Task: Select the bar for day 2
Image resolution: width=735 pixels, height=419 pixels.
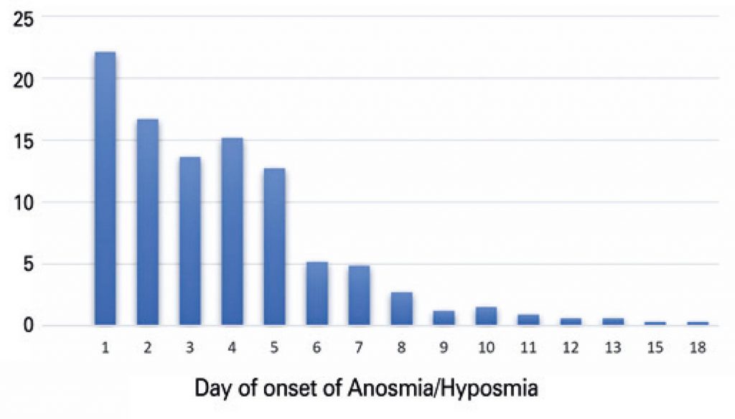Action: [147, 222]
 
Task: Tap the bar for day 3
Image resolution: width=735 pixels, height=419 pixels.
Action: [189, 240]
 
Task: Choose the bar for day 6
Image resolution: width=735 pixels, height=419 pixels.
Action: [317, 293]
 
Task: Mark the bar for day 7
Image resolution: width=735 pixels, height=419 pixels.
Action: [359, 296]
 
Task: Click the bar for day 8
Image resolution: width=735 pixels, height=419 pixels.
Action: [401, 309]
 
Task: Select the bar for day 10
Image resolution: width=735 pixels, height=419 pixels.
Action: [486, 316]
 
